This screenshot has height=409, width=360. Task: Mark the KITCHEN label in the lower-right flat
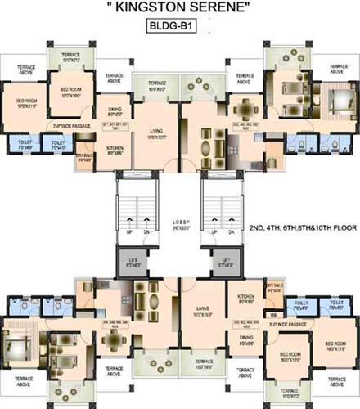pos(246,299)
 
